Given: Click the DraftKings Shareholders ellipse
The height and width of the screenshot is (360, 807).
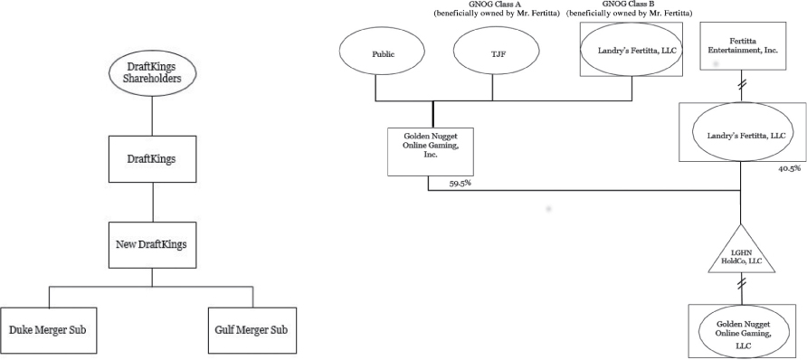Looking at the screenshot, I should point(152,71).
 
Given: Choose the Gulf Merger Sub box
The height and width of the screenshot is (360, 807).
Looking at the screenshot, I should point(251,328).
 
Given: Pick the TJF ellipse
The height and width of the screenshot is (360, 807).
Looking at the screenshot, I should point(496,52).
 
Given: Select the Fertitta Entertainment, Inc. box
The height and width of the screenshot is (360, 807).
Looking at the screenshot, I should point(741,45).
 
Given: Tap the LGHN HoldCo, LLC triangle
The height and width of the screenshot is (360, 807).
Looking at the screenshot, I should point(741,255).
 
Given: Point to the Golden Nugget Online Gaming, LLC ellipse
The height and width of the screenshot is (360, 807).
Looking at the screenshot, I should point(741,328).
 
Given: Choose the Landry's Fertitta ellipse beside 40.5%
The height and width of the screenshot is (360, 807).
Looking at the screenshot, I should point(741,134).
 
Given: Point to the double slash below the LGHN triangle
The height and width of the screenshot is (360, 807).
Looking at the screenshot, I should point(741,284).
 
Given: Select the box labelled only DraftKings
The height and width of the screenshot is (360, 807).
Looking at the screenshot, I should point(152,158).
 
